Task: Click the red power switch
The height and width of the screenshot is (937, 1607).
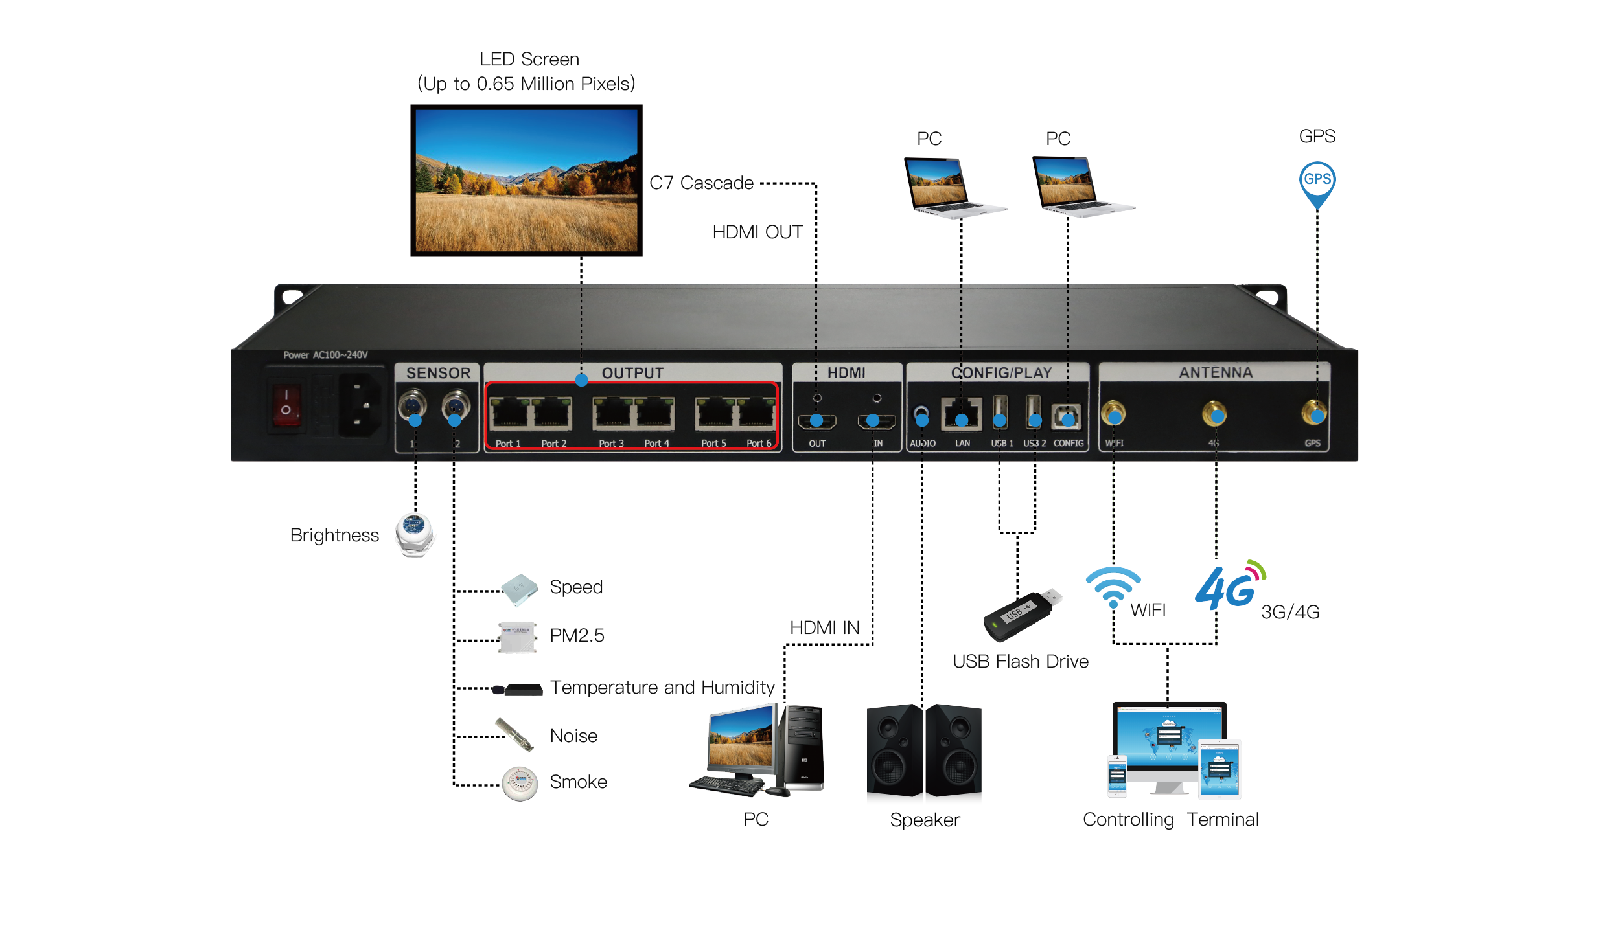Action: (x=286, y=405)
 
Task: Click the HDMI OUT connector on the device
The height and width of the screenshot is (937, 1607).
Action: (x=816, y=422)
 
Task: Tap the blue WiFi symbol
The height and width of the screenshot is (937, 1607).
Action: (x=1113, y=585)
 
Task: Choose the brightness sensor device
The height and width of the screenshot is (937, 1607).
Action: (x=415, y=535)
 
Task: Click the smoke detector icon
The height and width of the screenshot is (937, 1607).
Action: (x=520, y=784)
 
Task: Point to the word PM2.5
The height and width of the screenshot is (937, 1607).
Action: (x=577, y=635)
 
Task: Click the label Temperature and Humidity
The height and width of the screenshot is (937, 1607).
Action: (x=662, y=687)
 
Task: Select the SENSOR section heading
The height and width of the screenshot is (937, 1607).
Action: (x=438, y=373)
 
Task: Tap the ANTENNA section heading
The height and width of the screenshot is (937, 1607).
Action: (x=1215, y=372)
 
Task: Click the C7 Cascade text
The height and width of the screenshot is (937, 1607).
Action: (x=701, y=183)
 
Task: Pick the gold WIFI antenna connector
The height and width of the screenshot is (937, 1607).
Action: (x=1113, y=413)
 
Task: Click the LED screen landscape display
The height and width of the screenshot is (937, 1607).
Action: (x=526, y=181)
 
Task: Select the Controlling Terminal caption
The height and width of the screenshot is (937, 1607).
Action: (x=1170, y=819)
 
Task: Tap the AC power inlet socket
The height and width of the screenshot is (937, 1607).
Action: (x=360, y=405)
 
